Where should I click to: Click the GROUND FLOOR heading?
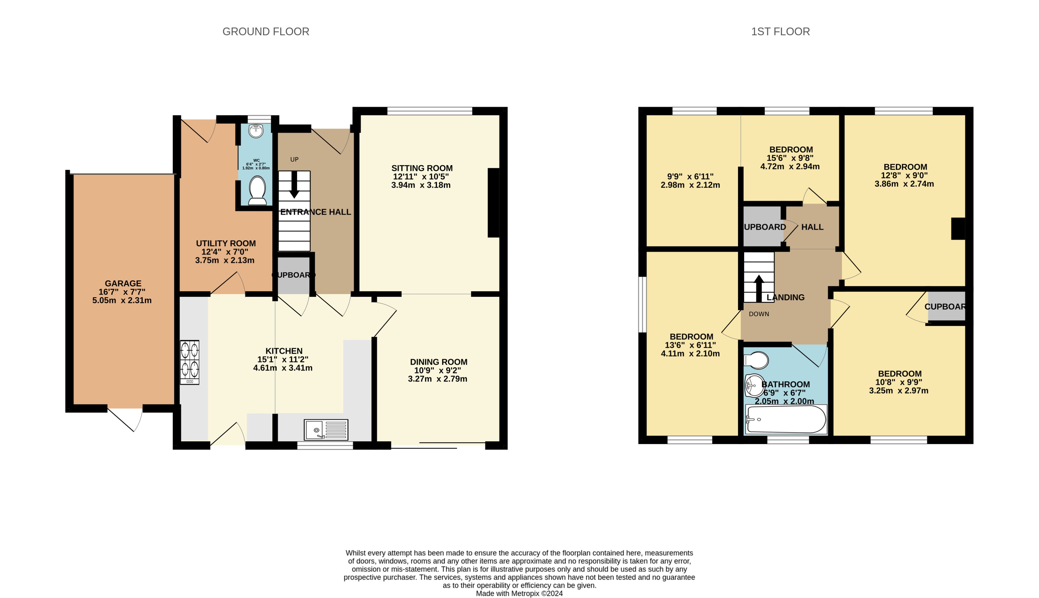point(265,32)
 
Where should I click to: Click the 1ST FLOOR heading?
point(780,32)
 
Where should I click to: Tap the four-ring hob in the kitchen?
point(189,362)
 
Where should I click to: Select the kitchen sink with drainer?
point(326,430)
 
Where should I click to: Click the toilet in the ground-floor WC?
point(258,190)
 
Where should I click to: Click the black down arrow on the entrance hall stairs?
point(294,185)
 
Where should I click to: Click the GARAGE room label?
point(123,283)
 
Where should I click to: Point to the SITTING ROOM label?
point(422,168)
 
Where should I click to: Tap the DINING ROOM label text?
point(438,362)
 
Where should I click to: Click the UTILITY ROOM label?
point(226,243)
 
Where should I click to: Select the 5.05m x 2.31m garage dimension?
point(122,300)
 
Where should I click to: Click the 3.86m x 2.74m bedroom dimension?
point(904,184)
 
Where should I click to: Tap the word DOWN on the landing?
point(759,314)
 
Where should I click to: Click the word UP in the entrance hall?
point(294,159)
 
